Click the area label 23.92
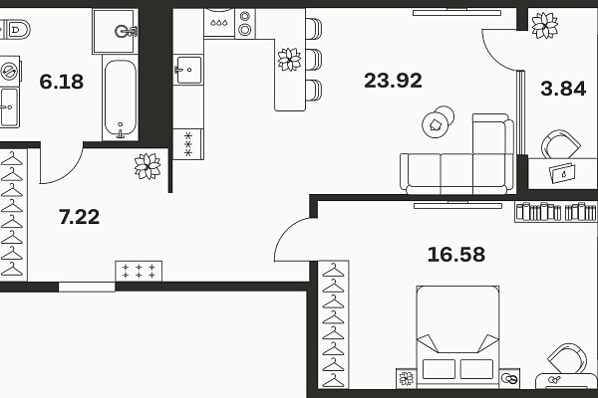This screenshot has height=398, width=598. pyautogui.click(x=393, y=81)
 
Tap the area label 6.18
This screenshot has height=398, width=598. pyautogui.click(x=62, y=82)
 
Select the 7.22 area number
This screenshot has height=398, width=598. pyautogui.click(x=80, y=217)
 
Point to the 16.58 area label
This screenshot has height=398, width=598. pyautogui.click(x=456, y=255)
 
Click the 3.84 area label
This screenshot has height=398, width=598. pyautogui.click(x=563, y=89)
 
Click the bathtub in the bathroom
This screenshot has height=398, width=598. pyautogui.click(x=121, y=98)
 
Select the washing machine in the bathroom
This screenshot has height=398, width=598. pyautogui.click(x=9, y=72)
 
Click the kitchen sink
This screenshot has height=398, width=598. pyautogui.click(x=188, y=70)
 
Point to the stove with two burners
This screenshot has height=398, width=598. pyautogui.click(x=245, y=23)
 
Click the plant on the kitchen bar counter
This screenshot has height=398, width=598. pyautogui.click(x=289, y=60)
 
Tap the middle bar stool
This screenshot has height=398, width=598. pyautogui.click(x=314, y=60)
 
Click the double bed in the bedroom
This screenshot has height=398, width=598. pyautogui.click(x=457, y=336)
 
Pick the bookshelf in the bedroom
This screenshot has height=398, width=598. pyautogui.click(x=555, y=212)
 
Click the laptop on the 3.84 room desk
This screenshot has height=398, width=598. pyautogui.click(x=563, y=172)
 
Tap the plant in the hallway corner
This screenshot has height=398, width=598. pyautogui.click(x=148, y=166)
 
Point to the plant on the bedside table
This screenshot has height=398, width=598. pyautogui.click(x=407, y=378)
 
